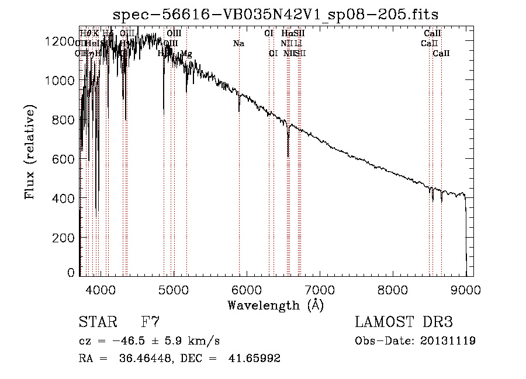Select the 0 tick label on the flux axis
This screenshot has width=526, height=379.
click(x=71, y=273)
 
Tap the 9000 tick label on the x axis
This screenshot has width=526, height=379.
click(x=465, y=288)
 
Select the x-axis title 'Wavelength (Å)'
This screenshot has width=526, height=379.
click(x=275, y=305)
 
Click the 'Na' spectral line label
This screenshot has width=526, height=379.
click(x=238, y=43)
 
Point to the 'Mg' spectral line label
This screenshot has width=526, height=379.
click(x=186, y=53)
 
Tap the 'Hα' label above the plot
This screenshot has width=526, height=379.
click(x=286, y=33)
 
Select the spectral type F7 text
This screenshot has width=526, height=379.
click(x=150, y=322)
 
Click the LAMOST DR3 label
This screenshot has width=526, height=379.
click(x=403, y=322)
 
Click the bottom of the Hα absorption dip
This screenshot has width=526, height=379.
click(x=288, y=155)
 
